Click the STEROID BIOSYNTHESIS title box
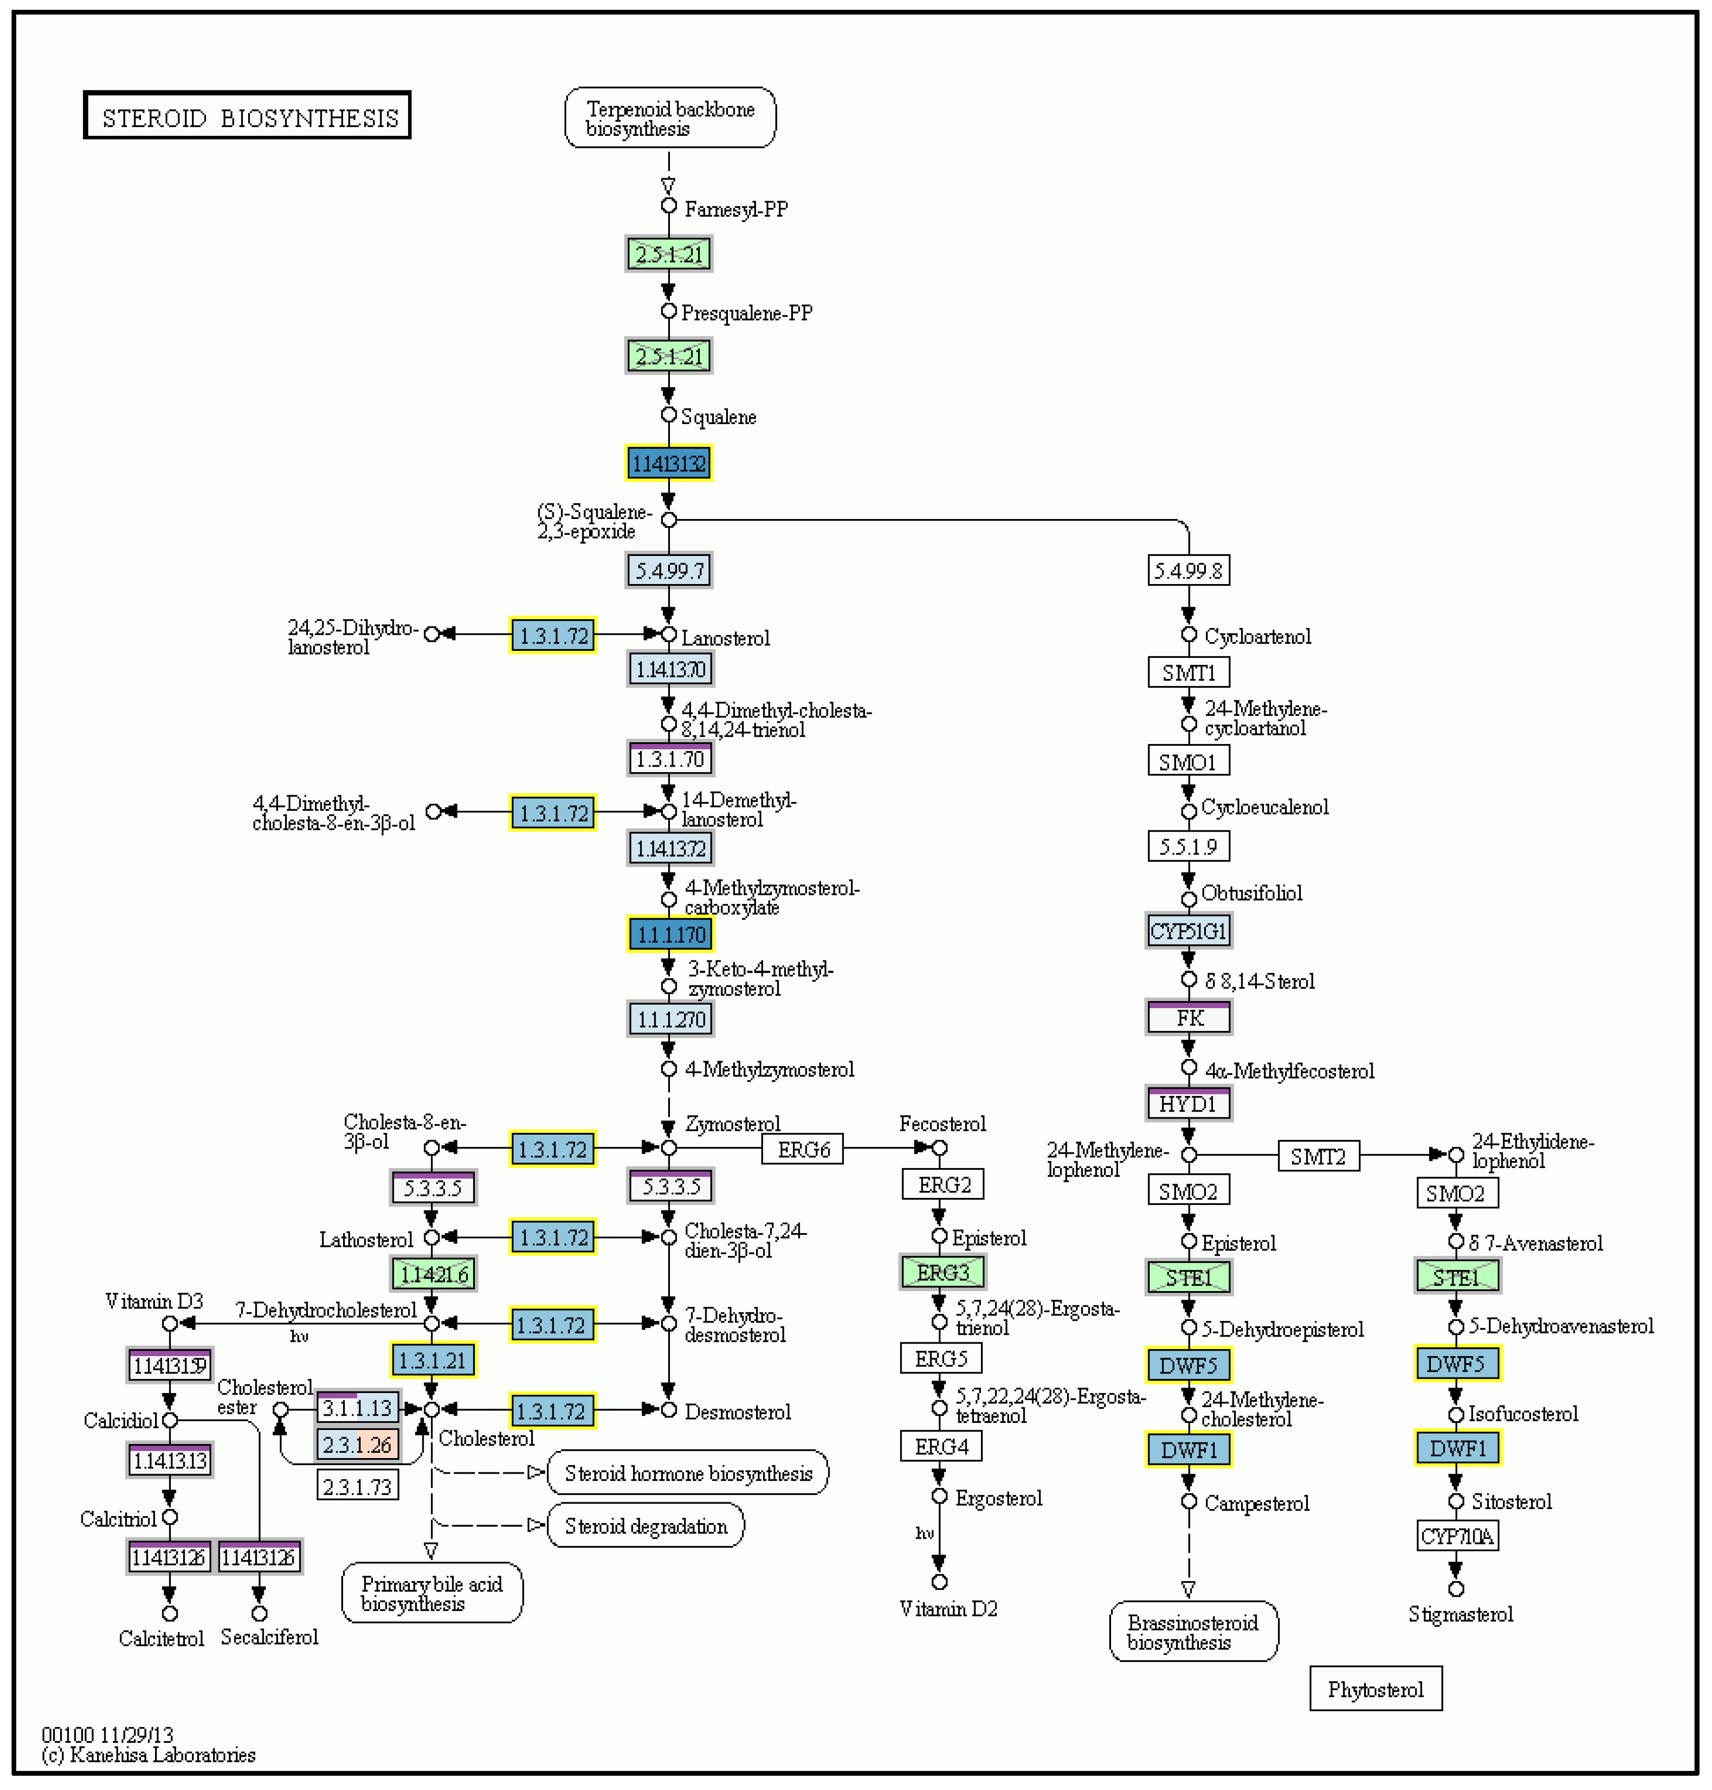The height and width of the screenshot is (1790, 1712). point(247,116)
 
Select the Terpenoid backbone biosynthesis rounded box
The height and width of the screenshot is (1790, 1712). point(670,118)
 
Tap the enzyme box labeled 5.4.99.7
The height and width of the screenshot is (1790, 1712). point(669,571)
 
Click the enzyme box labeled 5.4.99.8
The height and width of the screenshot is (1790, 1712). point(1188,571)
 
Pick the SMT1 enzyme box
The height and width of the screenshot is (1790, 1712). point(1188,673)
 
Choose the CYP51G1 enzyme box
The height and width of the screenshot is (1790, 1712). point(1188,931)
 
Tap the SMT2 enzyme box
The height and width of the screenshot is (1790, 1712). point(1318,1157)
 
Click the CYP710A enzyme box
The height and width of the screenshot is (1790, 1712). point(1457,1536)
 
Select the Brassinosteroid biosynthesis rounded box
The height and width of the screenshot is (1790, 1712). point(1193,1632)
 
